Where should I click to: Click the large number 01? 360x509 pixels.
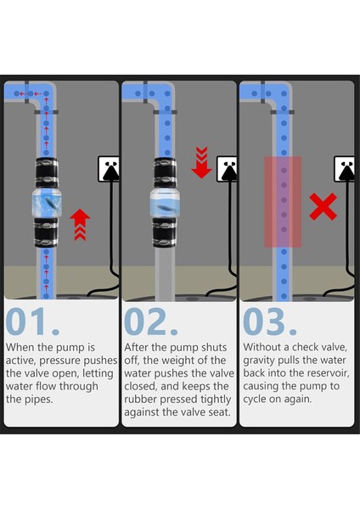32,322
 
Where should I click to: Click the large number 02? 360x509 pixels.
151,322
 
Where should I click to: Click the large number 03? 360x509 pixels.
270,322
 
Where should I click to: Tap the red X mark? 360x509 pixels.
323,207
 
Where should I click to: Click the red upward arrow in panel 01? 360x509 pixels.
80,225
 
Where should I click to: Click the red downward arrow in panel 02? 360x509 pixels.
202,162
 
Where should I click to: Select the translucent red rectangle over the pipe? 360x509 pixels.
283,202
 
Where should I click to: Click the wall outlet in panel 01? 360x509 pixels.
108,169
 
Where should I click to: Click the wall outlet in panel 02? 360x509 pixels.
227,169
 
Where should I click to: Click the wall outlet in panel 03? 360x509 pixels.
344,169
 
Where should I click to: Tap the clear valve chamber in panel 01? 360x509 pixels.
47,204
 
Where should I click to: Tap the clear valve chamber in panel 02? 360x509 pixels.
165,204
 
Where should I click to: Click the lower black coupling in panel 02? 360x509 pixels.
165,232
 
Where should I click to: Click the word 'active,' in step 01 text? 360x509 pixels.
20,361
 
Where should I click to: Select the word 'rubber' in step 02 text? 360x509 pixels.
141,400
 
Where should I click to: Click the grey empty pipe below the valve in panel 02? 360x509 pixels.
165,274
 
